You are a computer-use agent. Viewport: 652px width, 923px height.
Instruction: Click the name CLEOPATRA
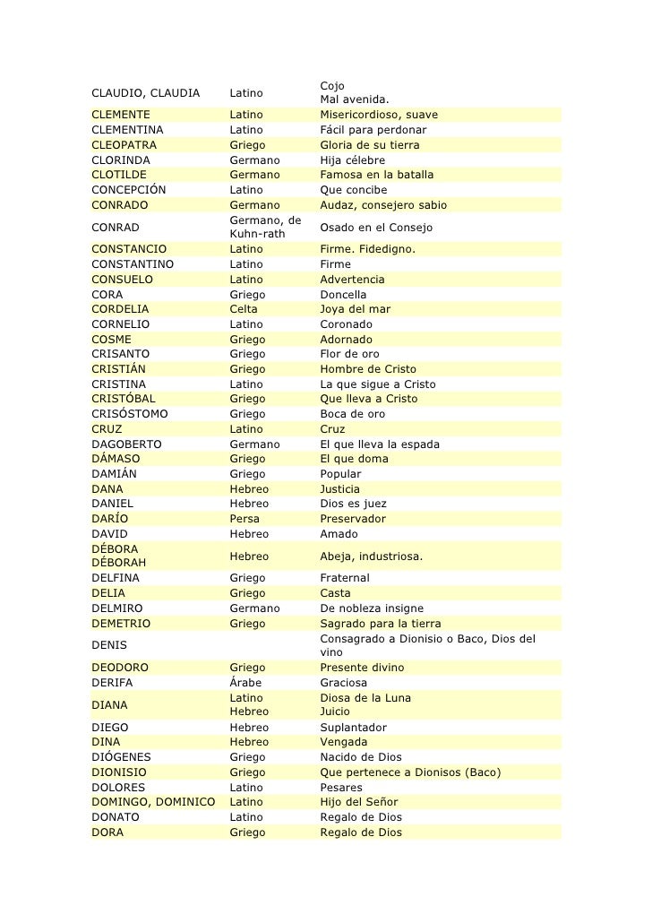124,145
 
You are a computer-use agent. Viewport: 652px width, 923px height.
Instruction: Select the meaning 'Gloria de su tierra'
369,145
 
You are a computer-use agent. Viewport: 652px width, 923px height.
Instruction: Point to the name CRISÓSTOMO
129,414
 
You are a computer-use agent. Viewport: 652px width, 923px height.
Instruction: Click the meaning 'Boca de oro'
352,414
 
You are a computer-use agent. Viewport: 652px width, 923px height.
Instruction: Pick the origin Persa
244,519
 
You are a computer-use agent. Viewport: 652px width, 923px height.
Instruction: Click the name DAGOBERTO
126,444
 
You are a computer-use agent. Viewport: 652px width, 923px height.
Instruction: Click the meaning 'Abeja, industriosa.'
371,556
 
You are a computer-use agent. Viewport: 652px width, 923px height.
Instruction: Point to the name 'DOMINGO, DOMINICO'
153,802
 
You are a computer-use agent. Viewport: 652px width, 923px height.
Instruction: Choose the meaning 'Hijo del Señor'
358,802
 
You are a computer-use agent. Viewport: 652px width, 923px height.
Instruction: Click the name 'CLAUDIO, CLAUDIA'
145,92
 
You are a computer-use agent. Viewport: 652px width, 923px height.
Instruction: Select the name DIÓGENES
121,757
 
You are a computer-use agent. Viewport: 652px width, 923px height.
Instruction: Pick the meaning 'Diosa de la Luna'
366,698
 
